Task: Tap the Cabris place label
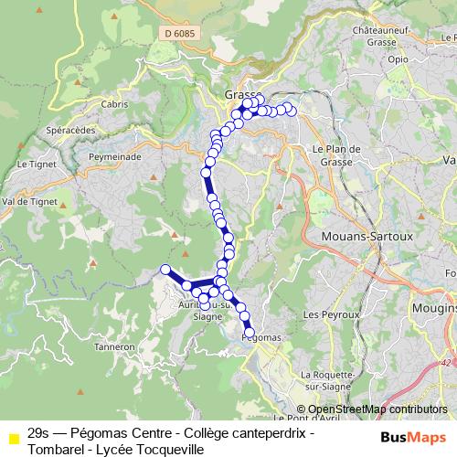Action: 115,104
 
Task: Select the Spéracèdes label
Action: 69,131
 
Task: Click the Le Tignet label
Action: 35,165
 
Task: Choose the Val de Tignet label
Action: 30,202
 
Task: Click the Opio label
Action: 398,59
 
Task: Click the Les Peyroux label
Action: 327,314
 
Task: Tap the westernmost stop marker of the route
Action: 165,269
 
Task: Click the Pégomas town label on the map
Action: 262,336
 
